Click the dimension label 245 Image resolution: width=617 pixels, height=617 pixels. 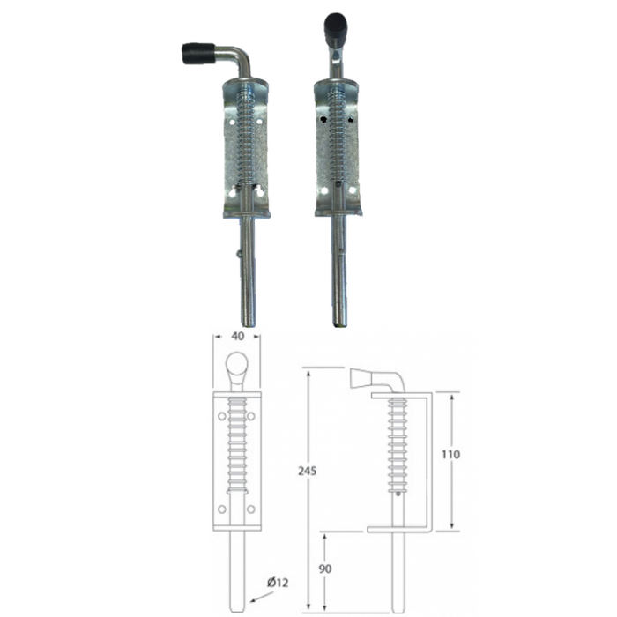[307, 471]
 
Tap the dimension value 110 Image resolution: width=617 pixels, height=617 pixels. [450, 455]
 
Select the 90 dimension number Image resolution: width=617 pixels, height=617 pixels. [325, 569]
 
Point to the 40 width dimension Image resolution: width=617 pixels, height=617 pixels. [238, 336]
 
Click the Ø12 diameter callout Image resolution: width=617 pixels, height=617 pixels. [278, 583]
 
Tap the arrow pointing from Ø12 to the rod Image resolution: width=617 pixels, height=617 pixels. [261, 598]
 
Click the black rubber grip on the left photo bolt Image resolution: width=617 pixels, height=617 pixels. [198, 54]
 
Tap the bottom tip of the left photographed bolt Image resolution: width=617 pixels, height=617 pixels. [249, 326]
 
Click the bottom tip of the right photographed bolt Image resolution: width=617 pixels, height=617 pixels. [339, 325]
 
